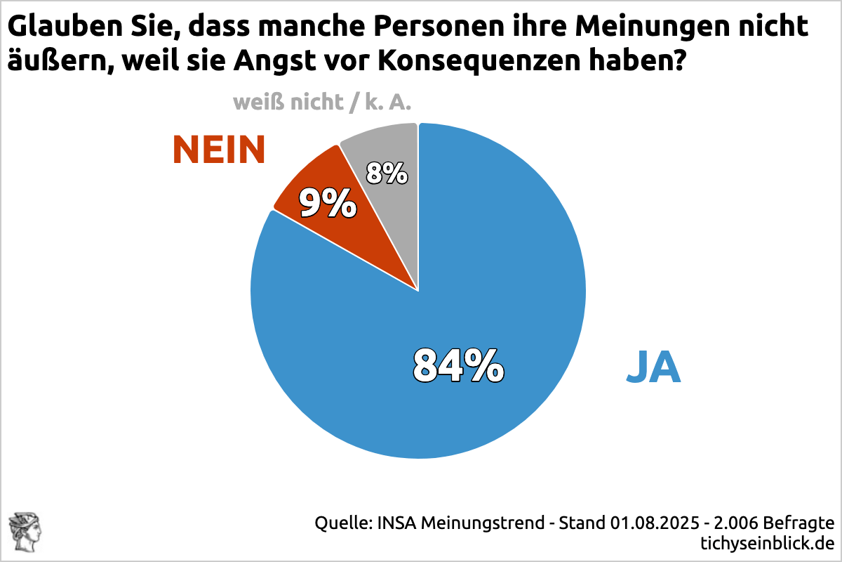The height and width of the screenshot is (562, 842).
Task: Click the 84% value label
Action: tap(459, 365)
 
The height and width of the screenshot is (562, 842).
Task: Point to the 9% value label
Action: tap(327, 203)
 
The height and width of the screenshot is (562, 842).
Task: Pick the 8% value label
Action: tap(387, 172)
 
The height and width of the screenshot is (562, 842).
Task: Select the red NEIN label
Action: tap(219, 150)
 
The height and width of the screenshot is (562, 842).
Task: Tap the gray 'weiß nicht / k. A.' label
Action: tap(322, 103)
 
